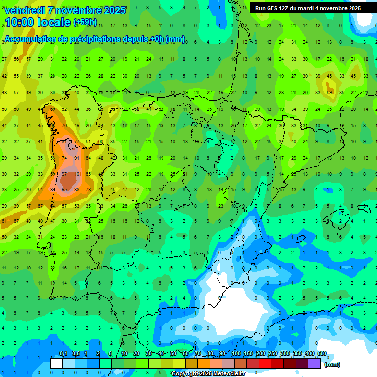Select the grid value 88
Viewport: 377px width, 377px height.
77,190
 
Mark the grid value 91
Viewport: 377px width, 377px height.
77,158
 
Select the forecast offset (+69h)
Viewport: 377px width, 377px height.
85,22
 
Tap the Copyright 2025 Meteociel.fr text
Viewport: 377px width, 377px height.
208,374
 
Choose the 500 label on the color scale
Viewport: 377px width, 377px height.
322,354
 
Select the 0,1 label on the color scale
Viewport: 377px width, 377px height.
63,354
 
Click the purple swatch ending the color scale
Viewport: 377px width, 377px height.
314,363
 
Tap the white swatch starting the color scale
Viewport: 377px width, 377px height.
56,363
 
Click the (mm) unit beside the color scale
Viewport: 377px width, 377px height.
332,364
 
